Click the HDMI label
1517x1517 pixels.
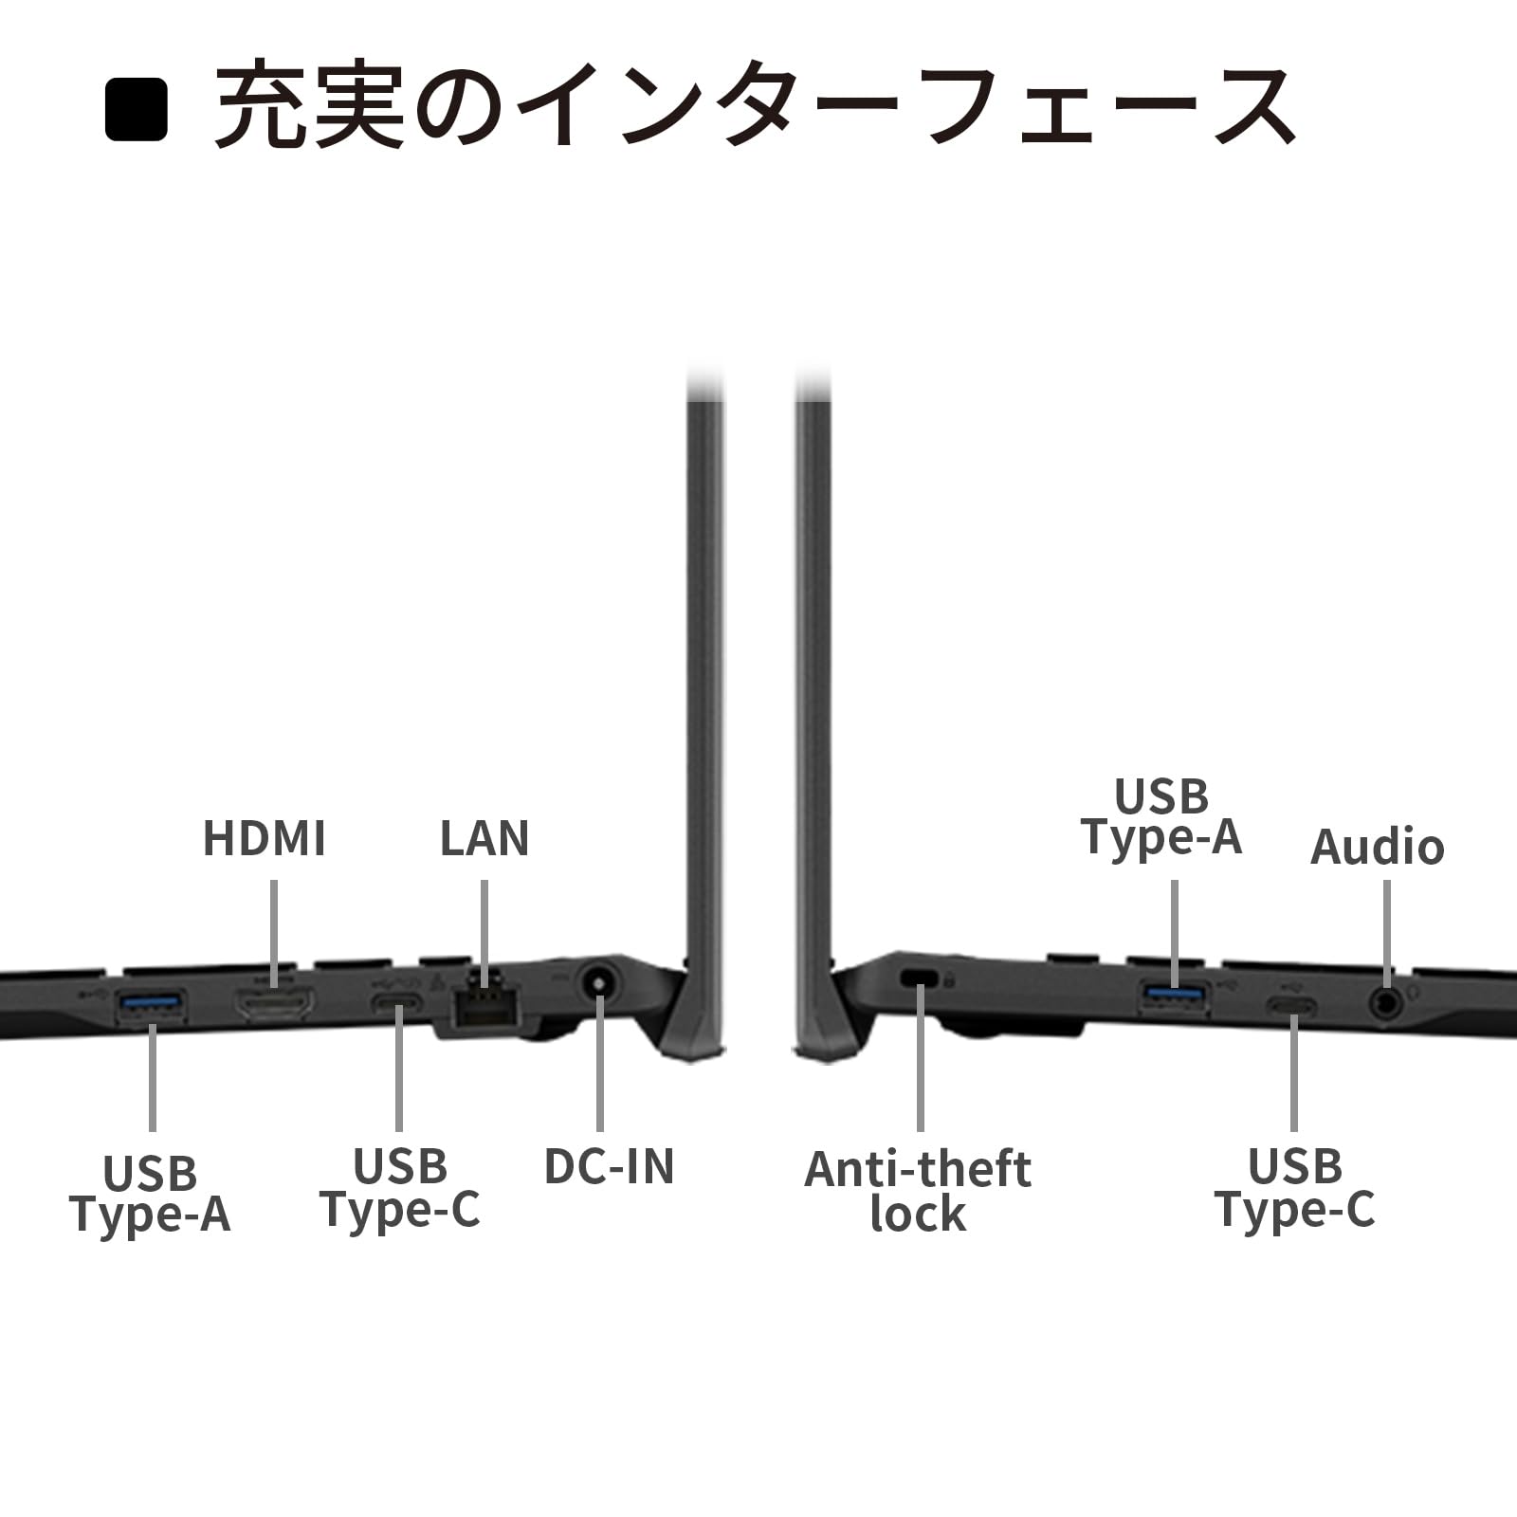pyautogui.click(x=264, y=838)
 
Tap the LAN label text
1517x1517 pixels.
pyautogui.click(x=484, y=838)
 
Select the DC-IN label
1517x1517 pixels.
pyautogui.click(x=609, y=1166)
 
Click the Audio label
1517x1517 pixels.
pyautogui.click(x=1377, y=847)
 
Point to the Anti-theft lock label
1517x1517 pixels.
pyautogui.click(x=918, y=1191)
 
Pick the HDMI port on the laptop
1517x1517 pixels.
pyautogui.click(x=274, y=1004)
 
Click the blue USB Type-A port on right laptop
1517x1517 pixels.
pyautogui.click(x=1175, y=995)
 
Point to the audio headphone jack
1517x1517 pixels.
pyautogui.click(x=1386, y=1001)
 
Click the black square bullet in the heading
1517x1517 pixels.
pyautogui.click(x=137, y=110)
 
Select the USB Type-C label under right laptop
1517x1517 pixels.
pyautogui.click(x=1294, y=1188)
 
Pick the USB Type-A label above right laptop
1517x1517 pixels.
pyautogui.click(x=1161, y=816)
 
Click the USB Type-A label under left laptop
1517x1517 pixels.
pyautogui.click(x=150, y=1194)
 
